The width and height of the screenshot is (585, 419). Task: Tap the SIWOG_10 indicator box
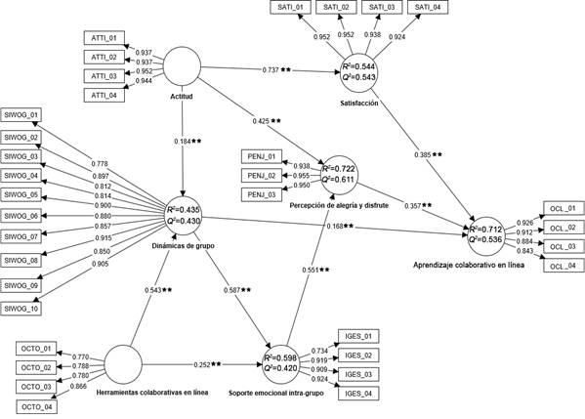pos(21,309)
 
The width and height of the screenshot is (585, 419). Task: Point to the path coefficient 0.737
pos(276,70)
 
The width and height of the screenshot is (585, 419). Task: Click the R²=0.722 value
pos(344,168)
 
